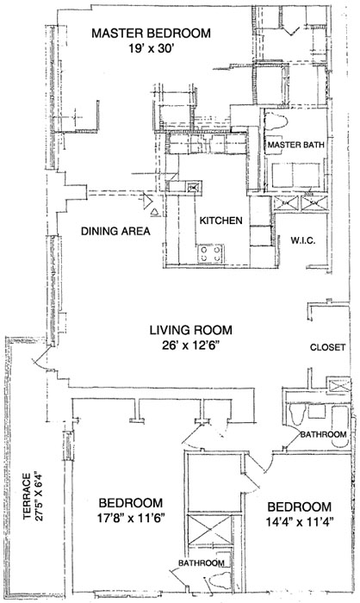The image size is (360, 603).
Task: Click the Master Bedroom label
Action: click(152, 33)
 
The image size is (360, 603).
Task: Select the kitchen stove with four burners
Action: click(211, 254)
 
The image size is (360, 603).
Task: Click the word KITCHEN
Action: click(221, 221)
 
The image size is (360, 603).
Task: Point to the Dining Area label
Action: click(115, 231)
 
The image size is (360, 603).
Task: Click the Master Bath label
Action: click(295, 145)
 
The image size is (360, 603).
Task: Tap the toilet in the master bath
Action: click(278, 121)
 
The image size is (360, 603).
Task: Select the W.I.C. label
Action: click(303, 240)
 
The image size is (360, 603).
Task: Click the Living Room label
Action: click(191, 330)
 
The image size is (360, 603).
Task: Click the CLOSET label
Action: click(327, 347)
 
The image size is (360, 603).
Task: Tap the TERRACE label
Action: click(27, 496)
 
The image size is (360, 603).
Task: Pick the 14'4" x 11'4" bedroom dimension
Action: click(299, 522)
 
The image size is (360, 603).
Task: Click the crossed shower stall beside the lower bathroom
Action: click(209, 530)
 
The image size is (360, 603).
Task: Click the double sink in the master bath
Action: click(295, 175)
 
